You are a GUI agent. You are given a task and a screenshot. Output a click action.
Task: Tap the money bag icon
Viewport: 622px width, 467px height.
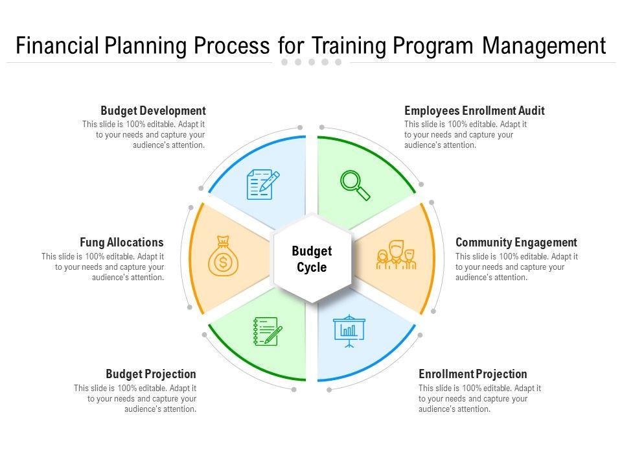tap(224, 256)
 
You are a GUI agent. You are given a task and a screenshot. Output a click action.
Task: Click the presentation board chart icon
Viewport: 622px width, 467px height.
tap(349, 331)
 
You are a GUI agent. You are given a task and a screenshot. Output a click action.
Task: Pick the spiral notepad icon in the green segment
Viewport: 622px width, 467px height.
tap(268, 331)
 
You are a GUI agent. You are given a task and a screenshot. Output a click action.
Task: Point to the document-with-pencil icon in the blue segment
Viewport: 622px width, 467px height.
tap(263, 184)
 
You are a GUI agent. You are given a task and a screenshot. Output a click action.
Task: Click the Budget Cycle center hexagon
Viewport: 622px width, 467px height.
tap(312, 259)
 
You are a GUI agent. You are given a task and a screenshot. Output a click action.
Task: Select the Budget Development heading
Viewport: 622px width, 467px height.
tap(153, 110)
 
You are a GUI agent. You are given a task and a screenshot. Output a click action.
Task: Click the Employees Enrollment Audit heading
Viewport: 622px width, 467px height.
tap(474, 110)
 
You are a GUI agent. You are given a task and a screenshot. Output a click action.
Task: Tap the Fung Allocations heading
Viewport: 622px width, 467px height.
tap(122, 242)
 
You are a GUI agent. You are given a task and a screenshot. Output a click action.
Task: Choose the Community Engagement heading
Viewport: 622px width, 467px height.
tap(516, 242)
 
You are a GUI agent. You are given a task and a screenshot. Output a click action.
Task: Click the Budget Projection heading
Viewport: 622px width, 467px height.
tap(151, 374)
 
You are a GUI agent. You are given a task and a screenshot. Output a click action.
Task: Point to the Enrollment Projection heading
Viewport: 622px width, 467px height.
tap(473, 374)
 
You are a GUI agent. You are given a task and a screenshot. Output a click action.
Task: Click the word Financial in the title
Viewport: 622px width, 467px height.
tap(57, 45)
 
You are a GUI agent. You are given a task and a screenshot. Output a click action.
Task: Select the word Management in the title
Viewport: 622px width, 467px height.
tap(544, 45)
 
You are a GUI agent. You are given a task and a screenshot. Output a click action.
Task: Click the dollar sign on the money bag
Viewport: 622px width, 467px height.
tap(224, 262)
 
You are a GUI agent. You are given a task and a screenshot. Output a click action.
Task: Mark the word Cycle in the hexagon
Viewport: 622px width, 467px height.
tap(312, 267)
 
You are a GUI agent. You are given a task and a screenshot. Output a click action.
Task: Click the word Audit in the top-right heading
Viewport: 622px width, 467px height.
tap(531, 110)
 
